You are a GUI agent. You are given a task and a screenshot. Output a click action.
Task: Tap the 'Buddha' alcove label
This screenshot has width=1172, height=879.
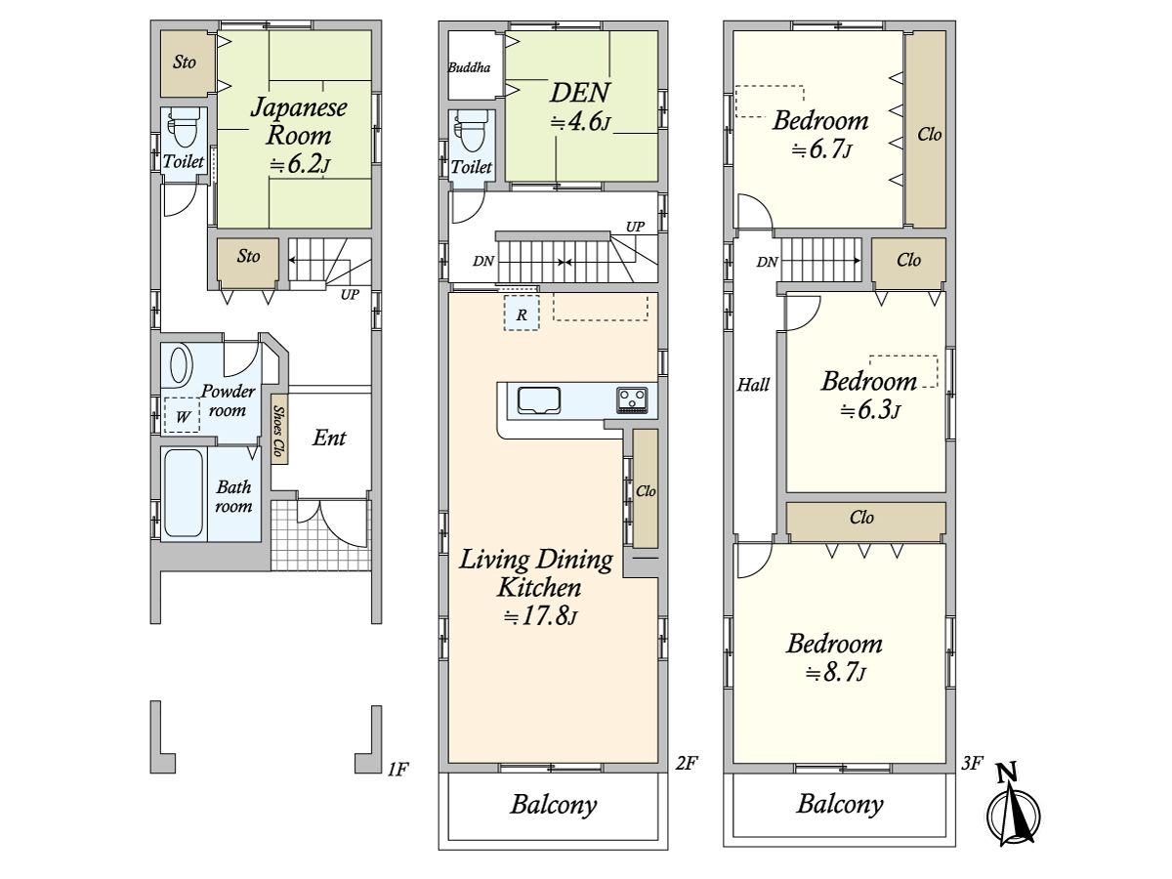469,67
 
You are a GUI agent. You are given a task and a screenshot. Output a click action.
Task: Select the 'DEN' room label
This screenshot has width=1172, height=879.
579,93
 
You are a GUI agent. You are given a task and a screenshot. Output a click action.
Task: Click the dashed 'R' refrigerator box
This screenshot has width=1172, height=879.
522,313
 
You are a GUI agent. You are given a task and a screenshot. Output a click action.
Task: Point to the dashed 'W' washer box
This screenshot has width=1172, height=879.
182,415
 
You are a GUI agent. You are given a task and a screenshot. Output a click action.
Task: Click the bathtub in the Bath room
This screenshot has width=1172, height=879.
184,493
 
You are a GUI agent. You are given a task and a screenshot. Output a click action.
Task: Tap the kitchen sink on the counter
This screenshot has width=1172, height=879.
539,400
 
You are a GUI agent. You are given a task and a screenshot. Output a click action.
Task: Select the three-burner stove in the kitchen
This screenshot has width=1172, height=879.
632,399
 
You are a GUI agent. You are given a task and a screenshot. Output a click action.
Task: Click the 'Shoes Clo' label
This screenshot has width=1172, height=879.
279,430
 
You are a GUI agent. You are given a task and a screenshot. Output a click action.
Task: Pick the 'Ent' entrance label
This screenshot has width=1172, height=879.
329,439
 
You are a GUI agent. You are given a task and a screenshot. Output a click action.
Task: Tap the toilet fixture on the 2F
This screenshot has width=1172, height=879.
471,132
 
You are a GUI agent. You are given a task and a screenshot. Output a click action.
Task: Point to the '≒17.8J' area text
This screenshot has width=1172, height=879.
541,616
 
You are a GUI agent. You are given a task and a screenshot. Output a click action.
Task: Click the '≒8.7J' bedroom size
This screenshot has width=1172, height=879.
836,673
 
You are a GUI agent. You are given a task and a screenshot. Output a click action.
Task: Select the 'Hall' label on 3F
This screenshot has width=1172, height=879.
753,384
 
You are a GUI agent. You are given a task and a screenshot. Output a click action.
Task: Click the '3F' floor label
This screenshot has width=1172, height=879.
972,763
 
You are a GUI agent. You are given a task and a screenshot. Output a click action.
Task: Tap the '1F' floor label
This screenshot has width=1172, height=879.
398,769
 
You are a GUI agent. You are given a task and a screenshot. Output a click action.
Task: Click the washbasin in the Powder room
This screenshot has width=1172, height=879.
181,365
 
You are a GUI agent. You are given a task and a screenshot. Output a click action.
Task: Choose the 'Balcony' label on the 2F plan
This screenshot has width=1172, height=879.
553,805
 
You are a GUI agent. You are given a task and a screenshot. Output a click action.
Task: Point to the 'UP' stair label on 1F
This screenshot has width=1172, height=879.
350,294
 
